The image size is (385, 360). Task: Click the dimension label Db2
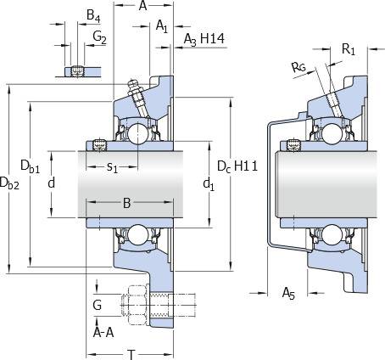coord(9,183)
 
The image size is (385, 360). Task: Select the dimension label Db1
coord(31,166)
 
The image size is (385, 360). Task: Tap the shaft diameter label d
coord(51,183)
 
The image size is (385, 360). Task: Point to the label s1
coord(112,167)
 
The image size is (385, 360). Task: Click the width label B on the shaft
coord(127,203)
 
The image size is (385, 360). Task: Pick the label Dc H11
coord(237,166)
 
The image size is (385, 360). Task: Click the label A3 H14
coord(204,39)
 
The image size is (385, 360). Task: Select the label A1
coord(162,26)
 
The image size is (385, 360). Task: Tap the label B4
coord(93,15)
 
